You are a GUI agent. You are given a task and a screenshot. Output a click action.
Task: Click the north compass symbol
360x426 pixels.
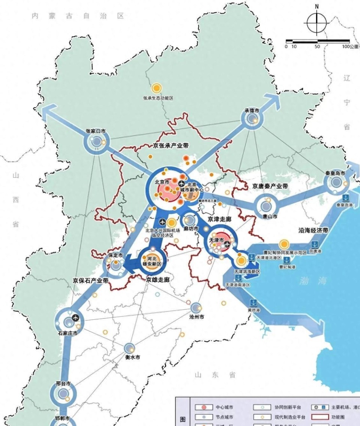click(x=317, y=23)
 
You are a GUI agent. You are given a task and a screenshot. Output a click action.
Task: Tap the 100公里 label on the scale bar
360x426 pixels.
click(x=351, y=46)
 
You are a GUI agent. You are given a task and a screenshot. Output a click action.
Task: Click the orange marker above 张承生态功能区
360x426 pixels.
click(x=156, y=89)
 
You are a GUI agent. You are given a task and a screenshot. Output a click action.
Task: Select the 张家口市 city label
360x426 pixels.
click(x=96, y=132)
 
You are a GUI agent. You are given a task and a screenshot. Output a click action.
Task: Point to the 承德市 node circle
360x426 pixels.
click(x=252, y=119)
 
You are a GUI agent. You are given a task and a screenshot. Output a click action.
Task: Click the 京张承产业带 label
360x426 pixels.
click(x=171, y=145)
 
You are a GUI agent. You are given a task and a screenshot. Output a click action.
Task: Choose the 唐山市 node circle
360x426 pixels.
click(x=266, y=206)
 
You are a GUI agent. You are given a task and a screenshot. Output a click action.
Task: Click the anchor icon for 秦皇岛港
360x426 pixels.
click(x=345, y=197)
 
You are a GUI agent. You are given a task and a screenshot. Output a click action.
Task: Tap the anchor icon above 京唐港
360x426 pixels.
click(x=315, y=244)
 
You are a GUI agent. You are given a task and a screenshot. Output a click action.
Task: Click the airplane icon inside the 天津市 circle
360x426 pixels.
click(x=227, y=245)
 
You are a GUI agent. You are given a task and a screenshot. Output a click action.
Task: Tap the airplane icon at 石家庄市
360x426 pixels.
click(x=76, y=318)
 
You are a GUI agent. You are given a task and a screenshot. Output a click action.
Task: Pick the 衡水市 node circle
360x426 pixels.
click(x=130, y=348)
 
